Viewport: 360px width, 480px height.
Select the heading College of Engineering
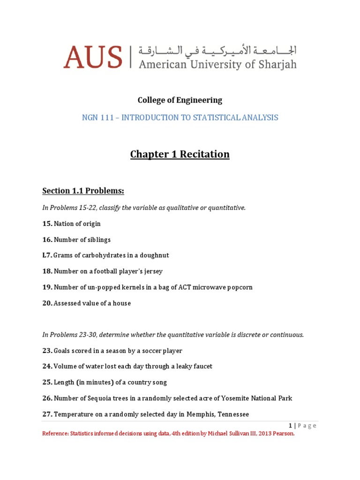[x=180, y=100]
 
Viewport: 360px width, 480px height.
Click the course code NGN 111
[x=99, y=118]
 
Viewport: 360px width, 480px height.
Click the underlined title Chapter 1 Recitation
[x=180, y=154]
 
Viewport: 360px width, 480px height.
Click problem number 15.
[x=47, y=224]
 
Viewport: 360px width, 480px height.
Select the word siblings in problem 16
[x=99, y=240]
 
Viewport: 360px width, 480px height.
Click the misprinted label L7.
[x=47, y=255]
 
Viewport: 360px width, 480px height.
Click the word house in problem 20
[x=121, y=303]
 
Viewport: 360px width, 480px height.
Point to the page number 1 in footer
[x=291, y=426]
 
